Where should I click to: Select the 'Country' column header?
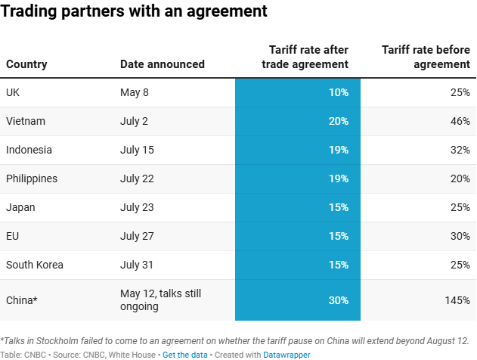point(26,64)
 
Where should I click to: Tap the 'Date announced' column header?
point(162,64)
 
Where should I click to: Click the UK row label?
point(13,92)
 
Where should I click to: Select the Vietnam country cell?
point(26,121)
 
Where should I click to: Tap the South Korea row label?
point(35,265)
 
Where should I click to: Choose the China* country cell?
point(22,300)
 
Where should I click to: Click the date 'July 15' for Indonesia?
point(137,150)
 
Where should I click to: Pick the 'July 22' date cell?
point(137,178)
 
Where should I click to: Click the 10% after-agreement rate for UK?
point(338,92)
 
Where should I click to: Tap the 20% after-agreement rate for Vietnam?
point(338,121)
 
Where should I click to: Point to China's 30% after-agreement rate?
point(338,300)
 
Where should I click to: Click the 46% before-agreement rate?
point(460,121)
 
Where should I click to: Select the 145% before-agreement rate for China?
point(457,300)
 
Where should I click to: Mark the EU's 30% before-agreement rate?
point(460,236)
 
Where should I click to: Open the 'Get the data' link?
point(181,354)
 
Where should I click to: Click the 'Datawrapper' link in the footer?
point(287,354)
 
